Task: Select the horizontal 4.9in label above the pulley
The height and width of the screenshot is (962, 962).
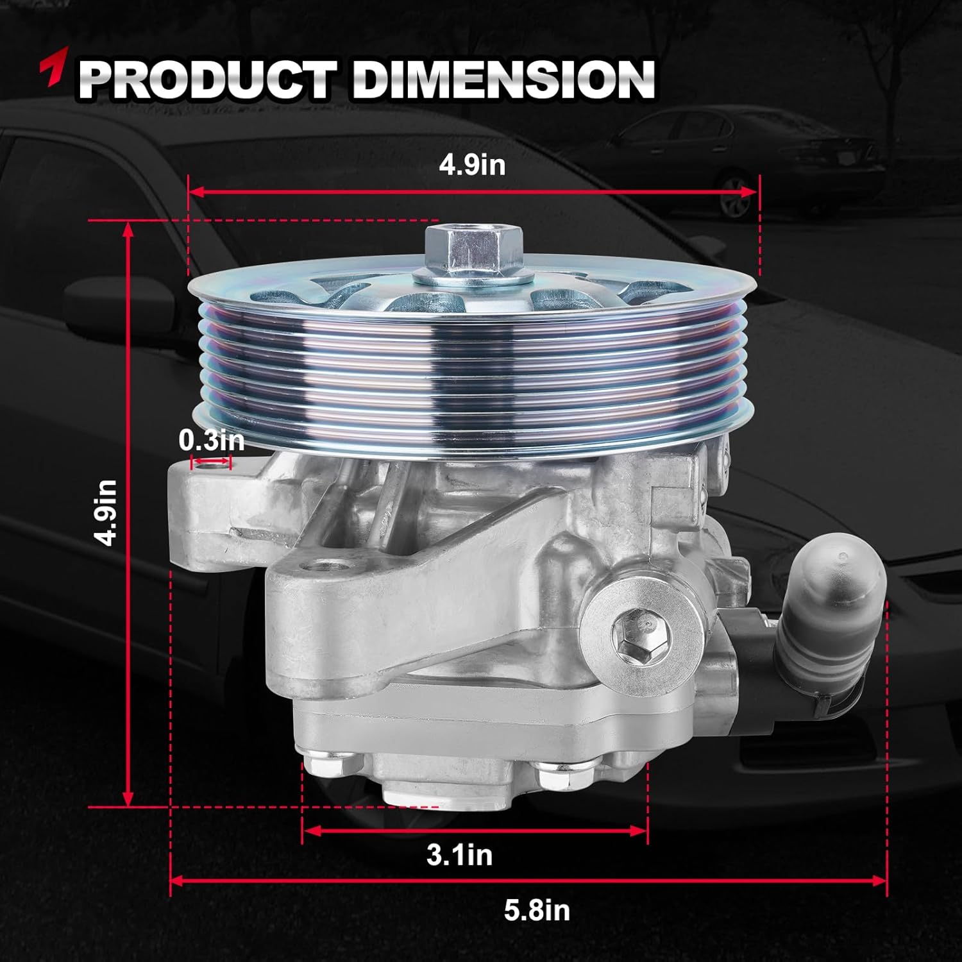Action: tap(472, 165)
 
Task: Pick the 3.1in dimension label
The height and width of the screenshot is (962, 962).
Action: tap(459, 855)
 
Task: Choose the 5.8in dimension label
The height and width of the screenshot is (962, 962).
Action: tap(536, 909)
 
